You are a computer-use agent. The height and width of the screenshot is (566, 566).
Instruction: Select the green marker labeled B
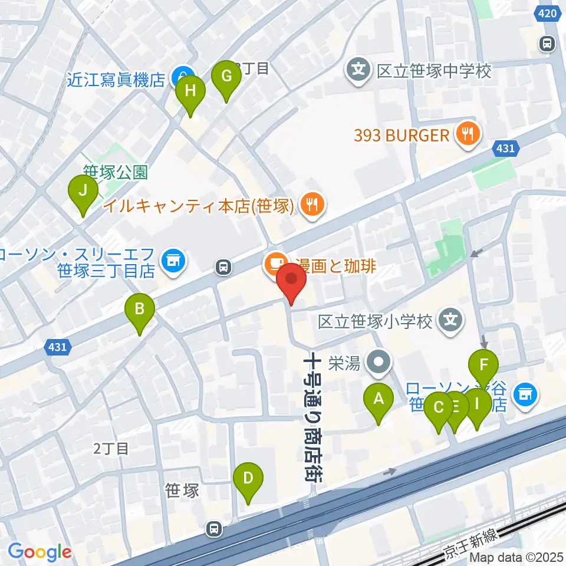140,310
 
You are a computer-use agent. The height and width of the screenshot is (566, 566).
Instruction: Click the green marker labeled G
226,77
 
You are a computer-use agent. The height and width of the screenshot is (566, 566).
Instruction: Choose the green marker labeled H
190,92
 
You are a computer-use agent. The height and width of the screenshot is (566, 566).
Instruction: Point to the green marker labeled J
83,192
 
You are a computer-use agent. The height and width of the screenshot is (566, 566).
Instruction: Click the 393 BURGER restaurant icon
467,135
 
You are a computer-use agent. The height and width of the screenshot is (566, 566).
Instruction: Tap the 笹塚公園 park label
114,172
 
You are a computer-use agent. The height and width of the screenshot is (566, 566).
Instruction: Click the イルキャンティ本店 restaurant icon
310,205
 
